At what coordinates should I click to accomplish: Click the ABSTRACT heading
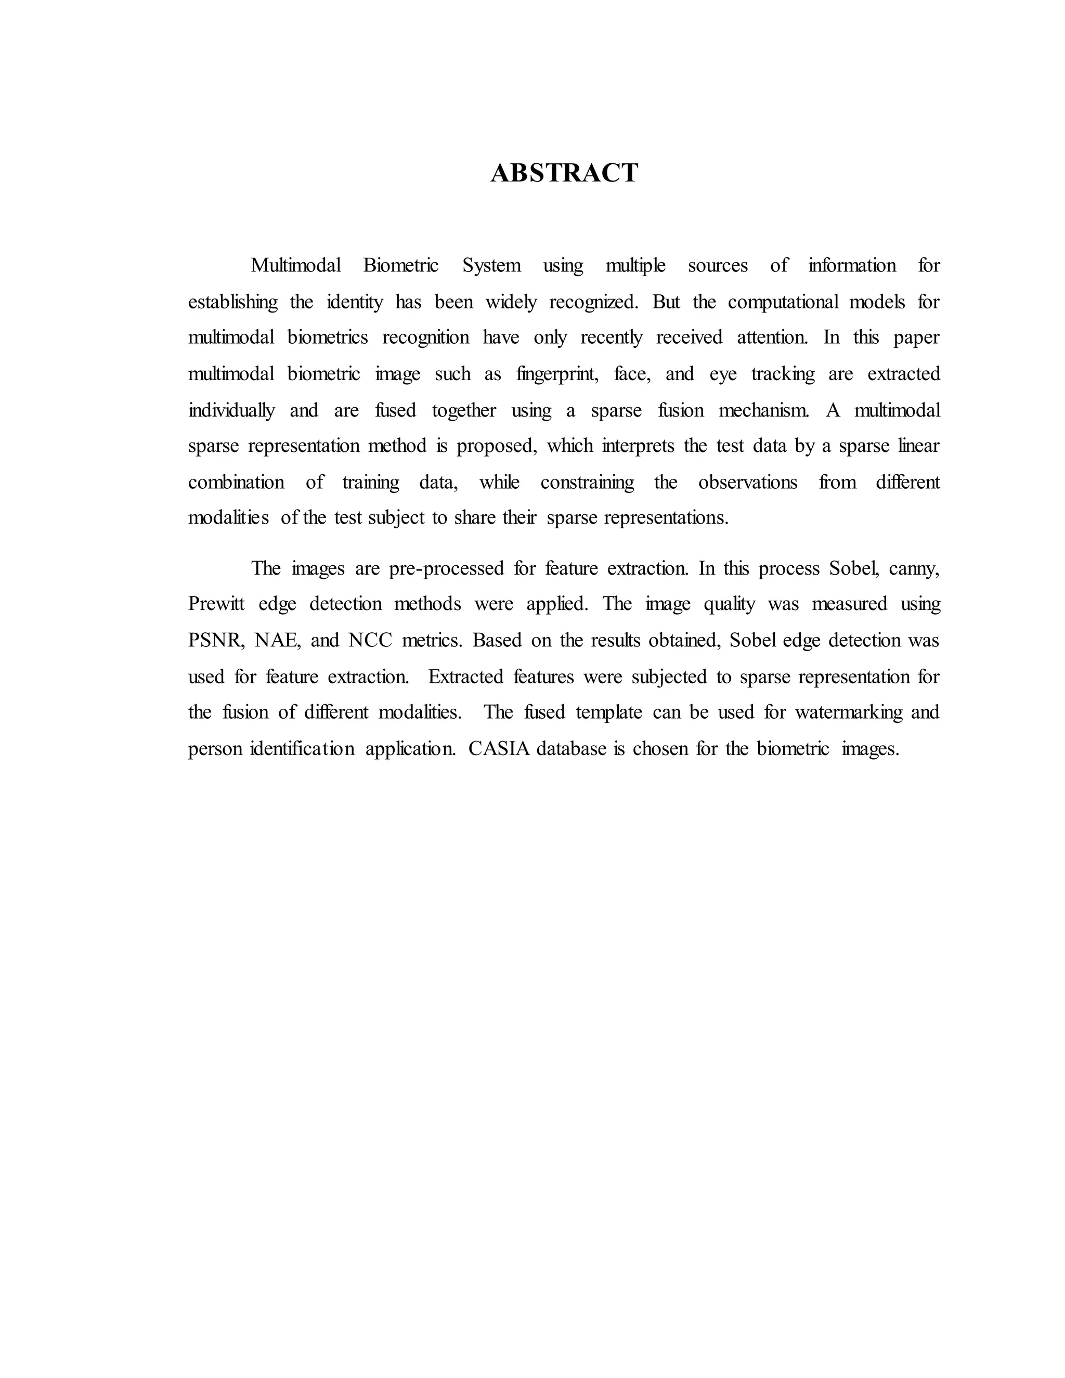564,173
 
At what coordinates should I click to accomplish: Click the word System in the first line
491,266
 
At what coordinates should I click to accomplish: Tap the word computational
783,302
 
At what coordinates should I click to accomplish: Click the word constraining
587,483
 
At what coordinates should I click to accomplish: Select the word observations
748,483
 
